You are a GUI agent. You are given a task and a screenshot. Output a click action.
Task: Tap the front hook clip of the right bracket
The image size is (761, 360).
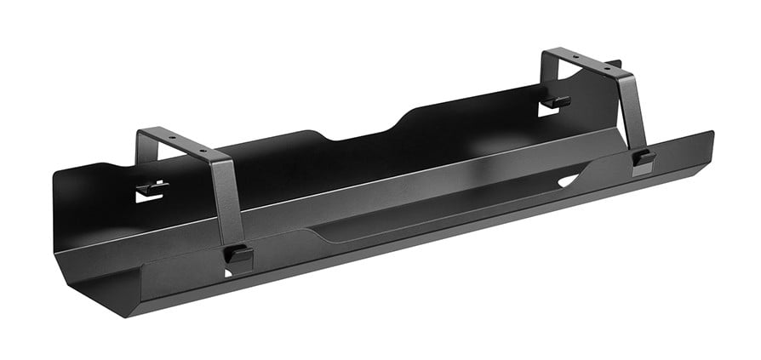pyautogui.click(x=644, y=158)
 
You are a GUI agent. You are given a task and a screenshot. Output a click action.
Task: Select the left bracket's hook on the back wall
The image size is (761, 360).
pyautogui.click(x=152, y=188)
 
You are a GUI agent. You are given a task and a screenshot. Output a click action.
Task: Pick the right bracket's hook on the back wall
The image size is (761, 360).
pyautogui.click(x=558, y=102)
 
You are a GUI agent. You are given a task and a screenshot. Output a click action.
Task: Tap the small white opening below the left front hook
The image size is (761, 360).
pyautogui.click(x=228, y=271)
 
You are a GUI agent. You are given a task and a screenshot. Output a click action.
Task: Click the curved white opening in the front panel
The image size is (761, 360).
pyautogui.click(x=568, y=180)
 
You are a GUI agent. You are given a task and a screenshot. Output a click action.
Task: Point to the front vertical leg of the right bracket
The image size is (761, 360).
pyautogui.click(x=633, y=111)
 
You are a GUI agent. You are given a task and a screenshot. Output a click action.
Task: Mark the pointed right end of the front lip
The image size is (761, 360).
pyautogui.click(x=711, y=134)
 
